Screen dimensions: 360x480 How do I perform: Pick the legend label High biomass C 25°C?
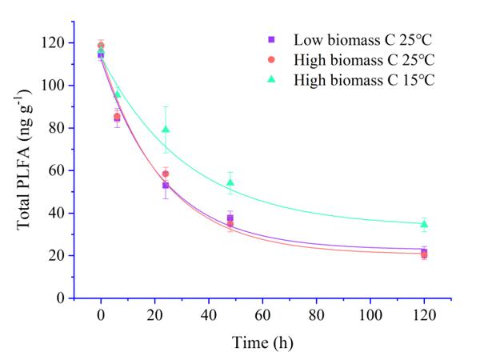tap(364, 60)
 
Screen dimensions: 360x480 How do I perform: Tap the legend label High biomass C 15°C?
tap(364, 80)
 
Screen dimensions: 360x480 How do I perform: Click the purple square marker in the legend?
tap(272, 39)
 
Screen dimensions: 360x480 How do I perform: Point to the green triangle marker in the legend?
tap(272, 79)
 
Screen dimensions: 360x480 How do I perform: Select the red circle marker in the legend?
tap(272, 60)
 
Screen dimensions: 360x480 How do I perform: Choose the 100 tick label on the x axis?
tap(370, 314)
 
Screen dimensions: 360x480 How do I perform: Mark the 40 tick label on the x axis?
tap(208, 314)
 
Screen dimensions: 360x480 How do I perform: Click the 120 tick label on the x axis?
tap(424, 314)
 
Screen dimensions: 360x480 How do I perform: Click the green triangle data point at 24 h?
tap(166, 129)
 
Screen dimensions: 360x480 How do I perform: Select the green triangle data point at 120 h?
tap(424, 223)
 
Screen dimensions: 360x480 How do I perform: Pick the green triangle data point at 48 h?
tap(230, 182)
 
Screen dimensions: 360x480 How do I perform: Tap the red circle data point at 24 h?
tap(166, 174)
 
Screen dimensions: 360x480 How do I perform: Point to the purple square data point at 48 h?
tap(230, 218)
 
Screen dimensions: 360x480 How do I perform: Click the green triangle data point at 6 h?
tap(118, 94)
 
